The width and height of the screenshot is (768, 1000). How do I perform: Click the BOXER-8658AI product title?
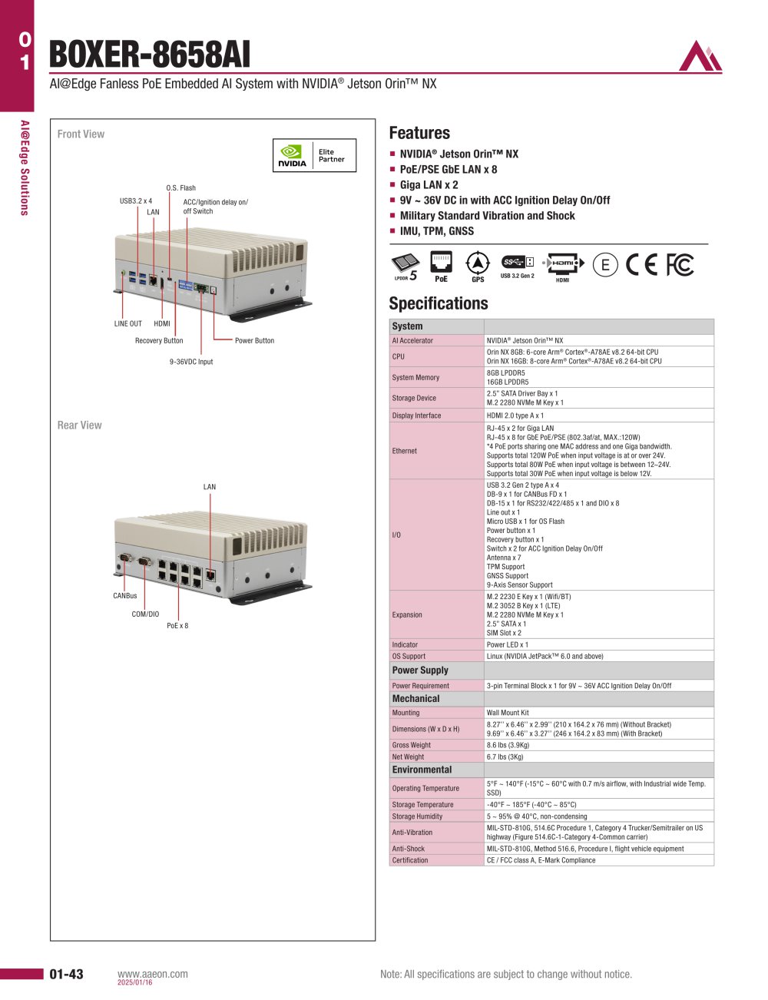(150, 55)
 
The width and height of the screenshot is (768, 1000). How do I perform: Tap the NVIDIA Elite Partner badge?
(314, 156)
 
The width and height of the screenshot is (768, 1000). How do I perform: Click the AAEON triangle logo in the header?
(700, 55)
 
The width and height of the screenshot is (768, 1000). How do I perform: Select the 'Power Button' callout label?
(254, 340)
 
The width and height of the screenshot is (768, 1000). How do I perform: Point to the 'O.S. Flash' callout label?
(180, 187)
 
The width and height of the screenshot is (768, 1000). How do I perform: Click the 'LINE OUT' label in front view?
(128, 323)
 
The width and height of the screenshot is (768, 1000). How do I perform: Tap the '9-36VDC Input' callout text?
(191, 362)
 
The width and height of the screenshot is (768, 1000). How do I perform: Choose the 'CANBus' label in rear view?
(125, 595)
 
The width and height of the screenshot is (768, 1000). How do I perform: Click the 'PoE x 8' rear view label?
(177, 625)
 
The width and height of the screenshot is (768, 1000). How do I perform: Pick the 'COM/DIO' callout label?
(145, 614)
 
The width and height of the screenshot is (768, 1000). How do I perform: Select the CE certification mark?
(641, 265)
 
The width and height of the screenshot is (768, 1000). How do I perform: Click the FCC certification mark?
(680, 265)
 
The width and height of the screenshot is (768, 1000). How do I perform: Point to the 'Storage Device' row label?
(414, 398)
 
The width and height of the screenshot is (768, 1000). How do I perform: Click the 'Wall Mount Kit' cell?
(508, 713)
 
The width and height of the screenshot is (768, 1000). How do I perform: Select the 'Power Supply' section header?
(419, 670)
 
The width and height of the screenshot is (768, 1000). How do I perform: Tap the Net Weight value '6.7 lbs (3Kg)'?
(505, 757)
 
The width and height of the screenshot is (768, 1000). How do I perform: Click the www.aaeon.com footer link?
(152, 974)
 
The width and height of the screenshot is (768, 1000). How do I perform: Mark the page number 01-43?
(66, 974)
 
